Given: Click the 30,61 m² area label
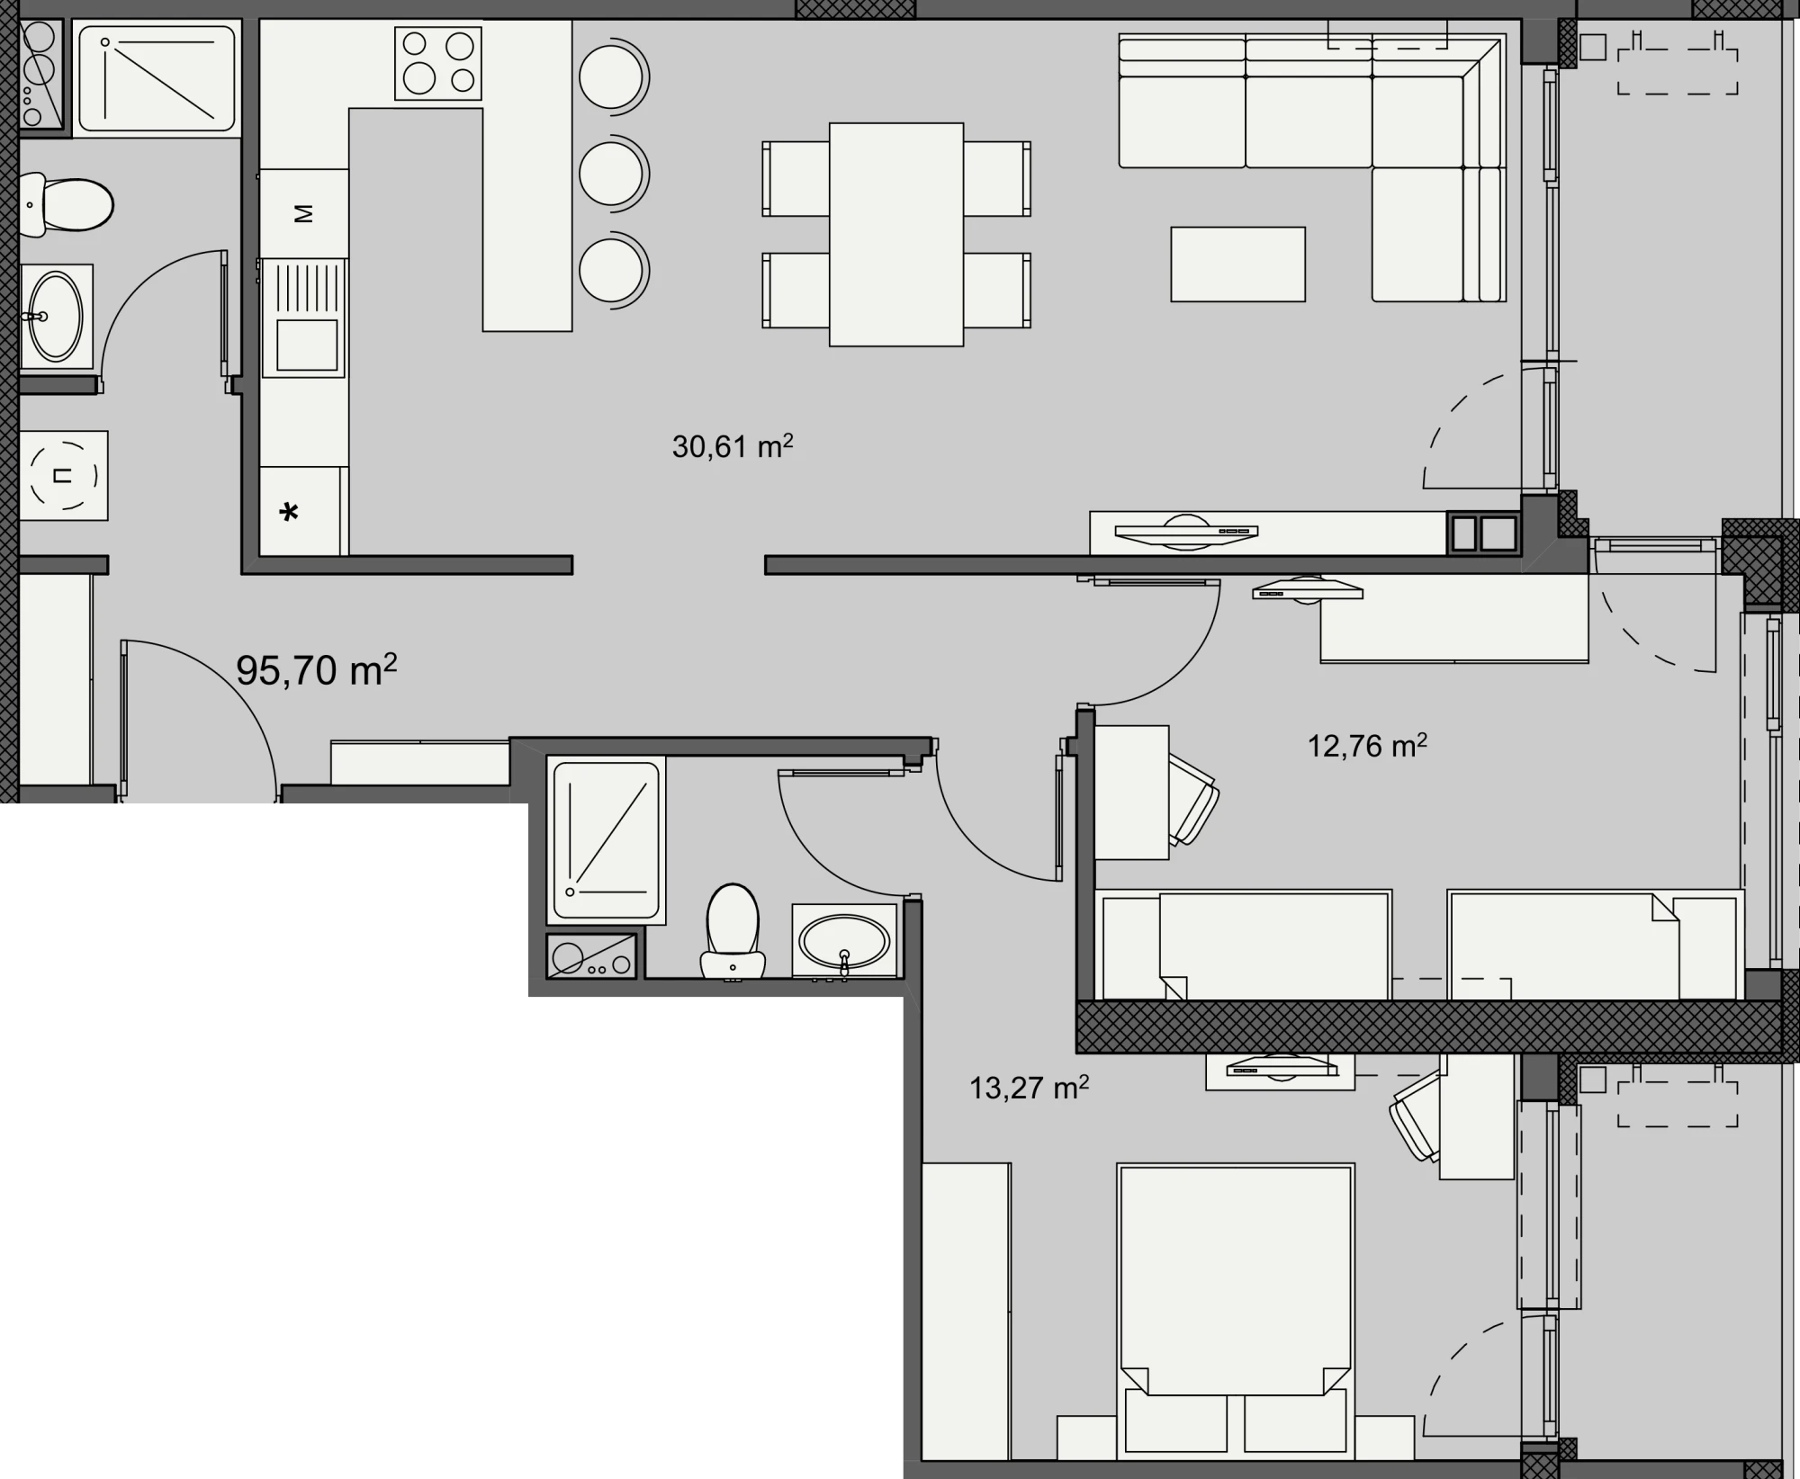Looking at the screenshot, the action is tap(733, 446).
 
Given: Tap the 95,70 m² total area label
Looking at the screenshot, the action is tap(316, 670).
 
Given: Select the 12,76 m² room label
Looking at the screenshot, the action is tap(1367, 746).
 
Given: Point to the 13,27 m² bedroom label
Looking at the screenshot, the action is tap(1029, 1088).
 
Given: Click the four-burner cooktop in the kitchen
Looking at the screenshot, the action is tap(438, 63).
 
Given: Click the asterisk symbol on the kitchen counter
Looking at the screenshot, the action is tap(289, 514).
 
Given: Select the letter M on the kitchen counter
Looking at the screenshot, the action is tap(304, 214).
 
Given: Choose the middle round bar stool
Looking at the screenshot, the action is tap(614, 174).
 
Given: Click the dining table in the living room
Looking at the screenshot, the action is tap(896, 235).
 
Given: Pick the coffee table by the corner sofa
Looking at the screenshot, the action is tap(1237, 264).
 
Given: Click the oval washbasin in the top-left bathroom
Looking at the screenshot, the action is tap(56, 316).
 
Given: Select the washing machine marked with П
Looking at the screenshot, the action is tap(63, 475).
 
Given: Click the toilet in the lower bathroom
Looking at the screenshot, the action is tap(733, 931).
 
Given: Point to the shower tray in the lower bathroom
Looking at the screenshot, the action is tap(607, 840).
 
